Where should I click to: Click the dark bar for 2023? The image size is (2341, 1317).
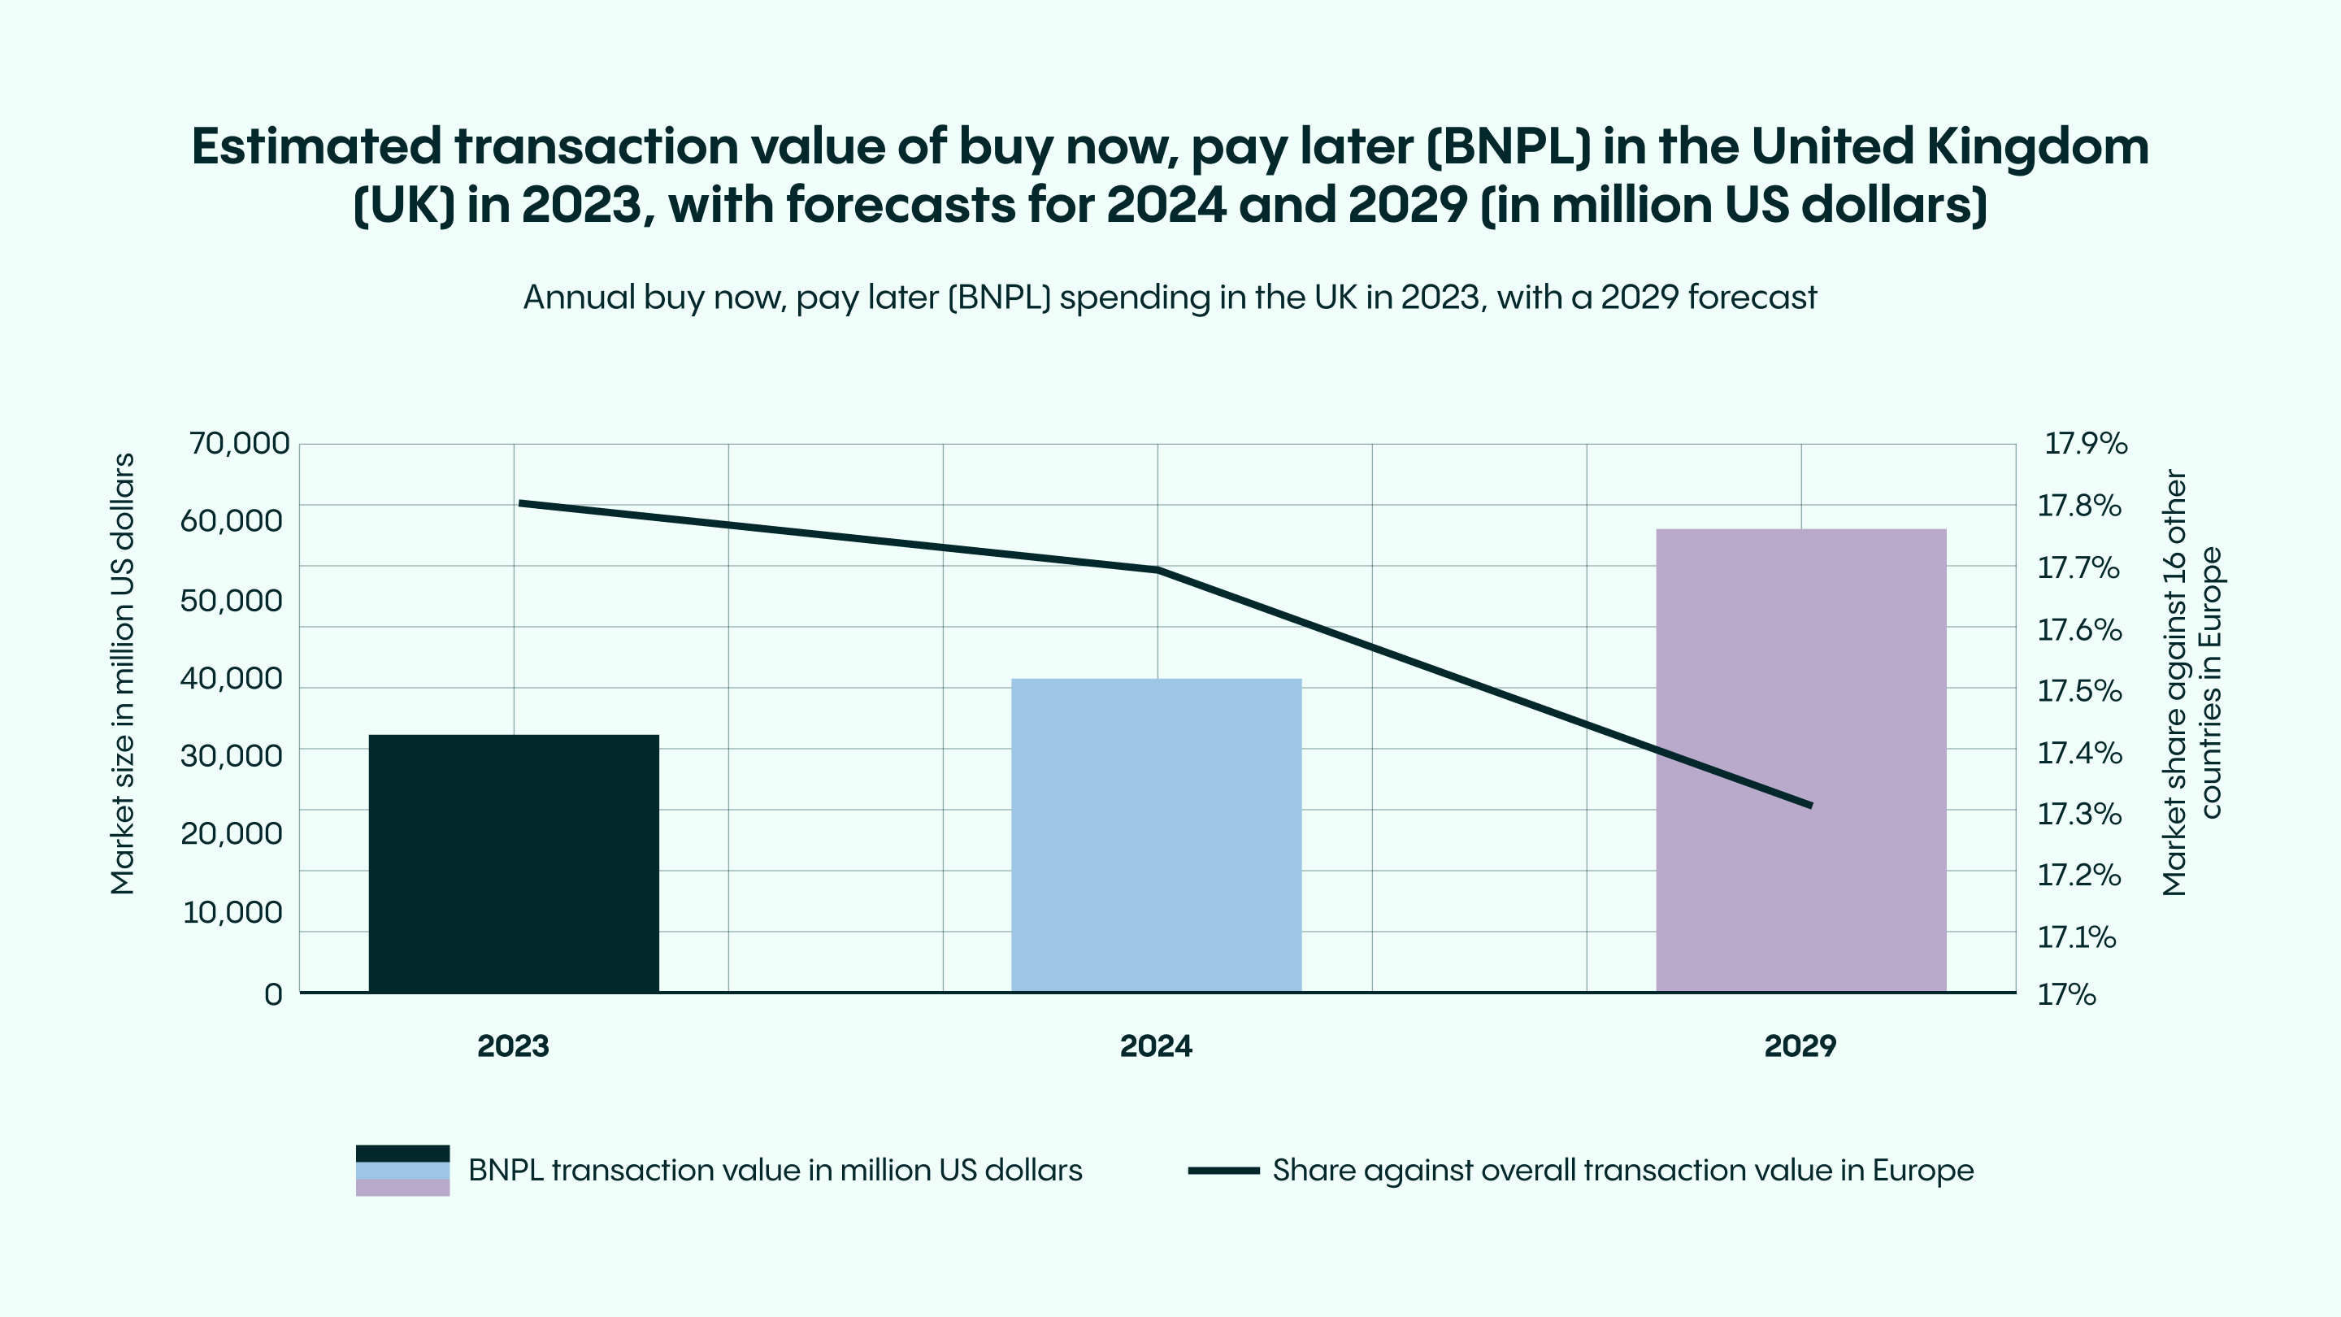tap(514, 863)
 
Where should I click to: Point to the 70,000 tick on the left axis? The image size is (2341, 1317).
tap(239, 444)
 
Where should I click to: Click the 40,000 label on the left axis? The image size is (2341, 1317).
tap(231, 678)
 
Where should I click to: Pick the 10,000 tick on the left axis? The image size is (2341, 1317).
tap(232, 912)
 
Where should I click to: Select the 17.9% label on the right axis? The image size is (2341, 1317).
tap(2086, 444)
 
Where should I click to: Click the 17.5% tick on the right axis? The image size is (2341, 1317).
tap(2079, 691)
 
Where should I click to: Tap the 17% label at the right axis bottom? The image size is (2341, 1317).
tap(2066, 994)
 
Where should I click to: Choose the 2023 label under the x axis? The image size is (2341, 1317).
tap(514, 1046)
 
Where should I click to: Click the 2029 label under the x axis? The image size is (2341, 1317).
tap(1800, 1046)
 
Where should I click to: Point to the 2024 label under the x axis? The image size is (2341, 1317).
tap(1156, 1046)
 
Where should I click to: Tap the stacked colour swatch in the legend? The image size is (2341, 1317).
tap(402, 1170)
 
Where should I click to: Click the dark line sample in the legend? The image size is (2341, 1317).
tap(1223, 1170)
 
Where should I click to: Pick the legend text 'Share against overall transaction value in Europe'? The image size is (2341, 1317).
tap(1623, 1170)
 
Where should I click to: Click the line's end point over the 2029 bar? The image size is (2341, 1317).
tap(1810, 806)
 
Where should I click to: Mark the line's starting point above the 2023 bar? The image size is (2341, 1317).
tap(520, 502)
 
